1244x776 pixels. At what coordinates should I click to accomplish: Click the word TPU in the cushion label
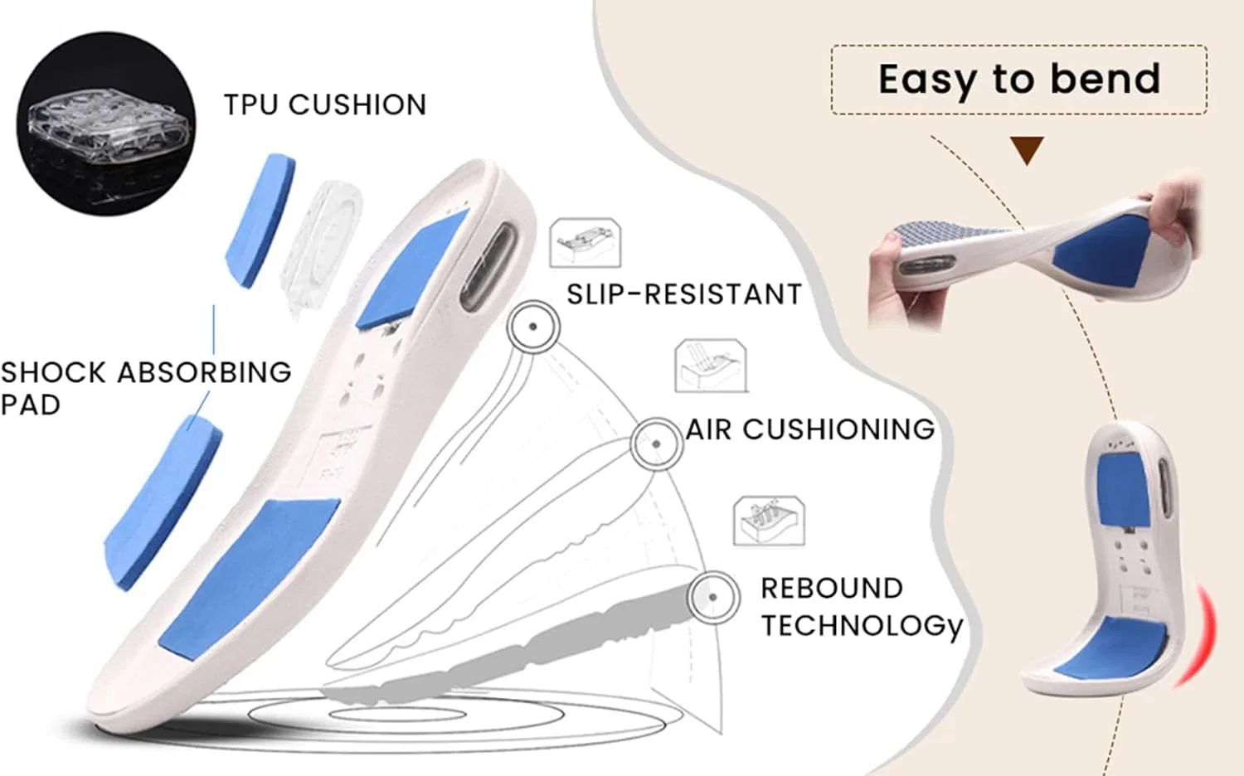[250, 104]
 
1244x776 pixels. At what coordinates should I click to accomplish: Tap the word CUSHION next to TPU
[357, 104]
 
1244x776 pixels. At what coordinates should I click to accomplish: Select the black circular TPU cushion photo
[105, 124]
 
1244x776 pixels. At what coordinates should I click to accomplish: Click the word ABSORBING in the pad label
[204, 372]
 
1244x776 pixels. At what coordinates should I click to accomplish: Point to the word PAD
[31, 405]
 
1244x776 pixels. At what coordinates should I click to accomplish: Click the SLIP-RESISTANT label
[684, 293]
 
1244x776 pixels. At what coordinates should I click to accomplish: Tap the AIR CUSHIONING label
[810, 429]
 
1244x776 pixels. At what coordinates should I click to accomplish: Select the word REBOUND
[831, 589]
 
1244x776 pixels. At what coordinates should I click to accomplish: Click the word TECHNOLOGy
[862, 626]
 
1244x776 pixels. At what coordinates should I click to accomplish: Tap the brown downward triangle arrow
[1027, 150]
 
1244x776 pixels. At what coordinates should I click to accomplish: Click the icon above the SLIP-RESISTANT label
[585, 243]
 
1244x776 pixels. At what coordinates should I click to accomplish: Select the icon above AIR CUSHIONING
[711, 366]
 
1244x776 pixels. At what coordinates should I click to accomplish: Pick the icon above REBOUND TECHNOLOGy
[769, 521]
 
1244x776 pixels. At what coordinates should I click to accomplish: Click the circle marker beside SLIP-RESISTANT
[533, 327]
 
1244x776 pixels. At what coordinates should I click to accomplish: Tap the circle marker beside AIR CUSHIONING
[657, 444]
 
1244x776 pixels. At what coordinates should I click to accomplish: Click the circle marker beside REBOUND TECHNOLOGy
[713, 597]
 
